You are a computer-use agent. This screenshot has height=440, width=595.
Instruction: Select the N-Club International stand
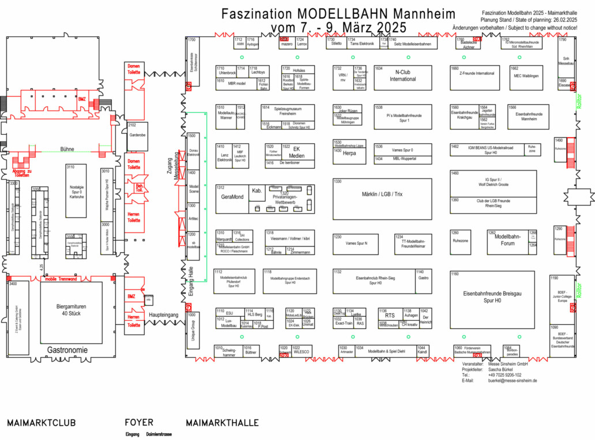click(x=402, y=76)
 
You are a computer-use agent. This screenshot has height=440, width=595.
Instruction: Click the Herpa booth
click(x=349, y=154)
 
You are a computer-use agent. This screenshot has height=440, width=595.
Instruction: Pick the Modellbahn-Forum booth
click(x=508, y=240)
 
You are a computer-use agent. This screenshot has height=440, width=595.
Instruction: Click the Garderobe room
click(x=137, y=135)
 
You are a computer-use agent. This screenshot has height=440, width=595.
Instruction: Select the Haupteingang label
click(x=164, y=315)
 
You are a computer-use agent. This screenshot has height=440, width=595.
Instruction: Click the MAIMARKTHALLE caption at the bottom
click(x=222, y=423)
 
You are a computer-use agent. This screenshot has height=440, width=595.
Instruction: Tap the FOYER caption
click(x=140, y=423)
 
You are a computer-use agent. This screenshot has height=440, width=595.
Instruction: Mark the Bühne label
click(x=66, y=149)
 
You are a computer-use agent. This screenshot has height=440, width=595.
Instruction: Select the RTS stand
click(x=390, y=316)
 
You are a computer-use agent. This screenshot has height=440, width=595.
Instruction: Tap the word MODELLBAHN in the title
click(x=345, y=13)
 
